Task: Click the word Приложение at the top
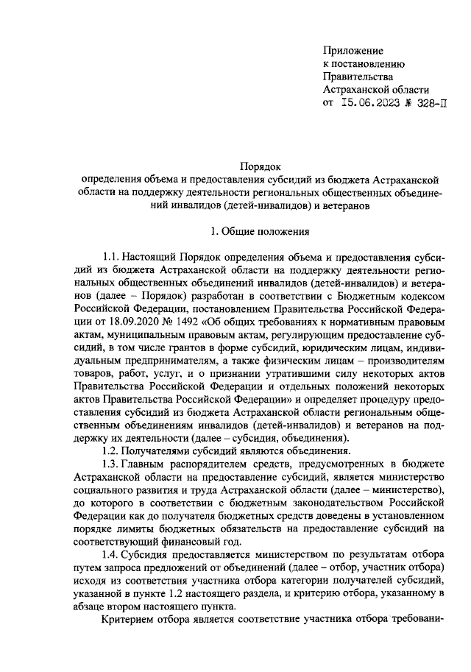pyautogui.click(x=353, y=50)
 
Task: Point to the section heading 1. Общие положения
pyautogui.click(x=260, y=232)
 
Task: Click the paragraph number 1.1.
pyautogui.click(x=111, y=258)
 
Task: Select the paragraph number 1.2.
pyautogui.click(x=111, y=450)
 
